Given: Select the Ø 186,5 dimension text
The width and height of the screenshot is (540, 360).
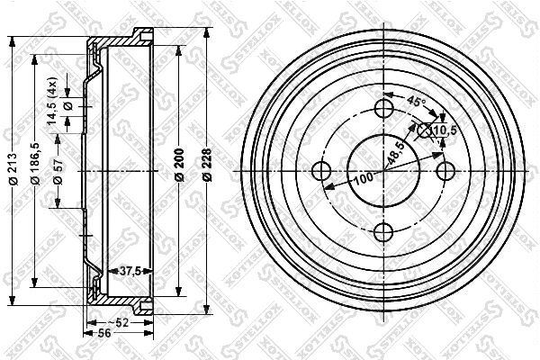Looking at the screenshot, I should pyautogui.click(x=35, y=163).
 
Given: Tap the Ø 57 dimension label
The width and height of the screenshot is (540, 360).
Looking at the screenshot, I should pyautogui.click(x=56, y=170).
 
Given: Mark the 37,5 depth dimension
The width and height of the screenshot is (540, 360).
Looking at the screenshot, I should pyautogui.click(x=133, y=269).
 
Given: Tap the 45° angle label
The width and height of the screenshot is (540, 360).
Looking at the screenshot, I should pyautogui.click(x=417, y=100).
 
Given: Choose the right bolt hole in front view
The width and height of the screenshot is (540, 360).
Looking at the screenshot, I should pyautogui.click(x=445, y=171).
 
